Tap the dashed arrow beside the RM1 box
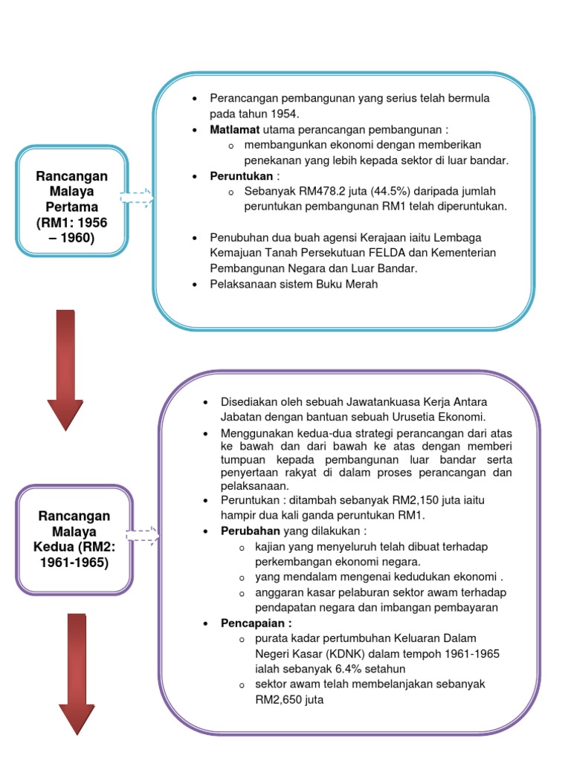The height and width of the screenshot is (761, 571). [x=136, y=198]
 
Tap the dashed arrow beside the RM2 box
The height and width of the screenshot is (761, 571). [x=142, y=534]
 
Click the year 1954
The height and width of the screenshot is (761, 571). [x=283, y=114]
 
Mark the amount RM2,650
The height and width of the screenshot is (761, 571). [x=277, y=699]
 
